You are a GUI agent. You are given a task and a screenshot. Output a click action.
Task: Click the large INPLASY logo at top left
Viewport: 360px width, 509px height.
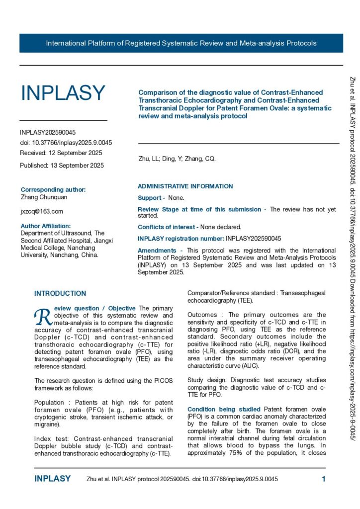(63, 93)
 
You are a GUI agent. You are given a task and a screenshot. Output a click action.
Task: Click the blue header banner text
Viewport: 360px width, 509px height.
(181, 43)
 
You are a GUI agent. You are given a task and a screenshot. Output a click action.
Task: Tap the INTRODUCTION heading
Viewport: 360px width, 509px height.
(60, 294)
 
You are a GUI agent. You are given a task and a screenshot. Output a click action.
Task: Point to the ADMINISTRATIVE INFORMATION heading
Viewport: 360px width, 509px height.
(185, 186)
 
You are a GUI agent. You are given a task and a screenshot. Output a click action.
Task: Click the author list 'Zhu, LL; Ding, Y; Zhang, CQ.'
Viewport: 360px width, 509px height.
(177, 159)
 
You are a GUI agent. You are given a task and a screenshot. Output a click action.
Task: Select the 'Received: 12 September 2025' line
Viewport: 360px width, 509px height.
(61, 153)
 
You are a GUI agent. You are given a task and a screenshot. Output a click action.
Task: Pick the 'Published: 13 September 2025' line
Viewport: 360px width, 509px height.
(62, 166)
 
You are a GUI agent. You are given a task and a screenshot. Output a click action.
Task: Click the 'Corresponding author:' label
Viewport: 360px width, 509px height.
(53, 189)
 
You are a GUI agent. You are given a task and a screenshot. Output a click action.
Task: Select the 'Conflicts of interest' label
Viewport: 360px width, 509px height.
(167, 227)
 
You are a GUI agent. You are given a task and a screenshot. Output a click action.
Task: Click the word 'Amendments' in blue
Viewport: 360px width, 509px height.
(157, 251)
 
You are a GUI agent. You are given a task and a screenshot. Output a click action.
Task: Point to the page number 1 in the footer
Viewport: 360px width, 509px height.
(324, 479)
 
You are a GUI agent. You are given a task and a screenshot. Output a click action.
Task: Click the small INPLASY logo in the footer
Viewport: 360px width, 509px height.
(53, 479)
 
